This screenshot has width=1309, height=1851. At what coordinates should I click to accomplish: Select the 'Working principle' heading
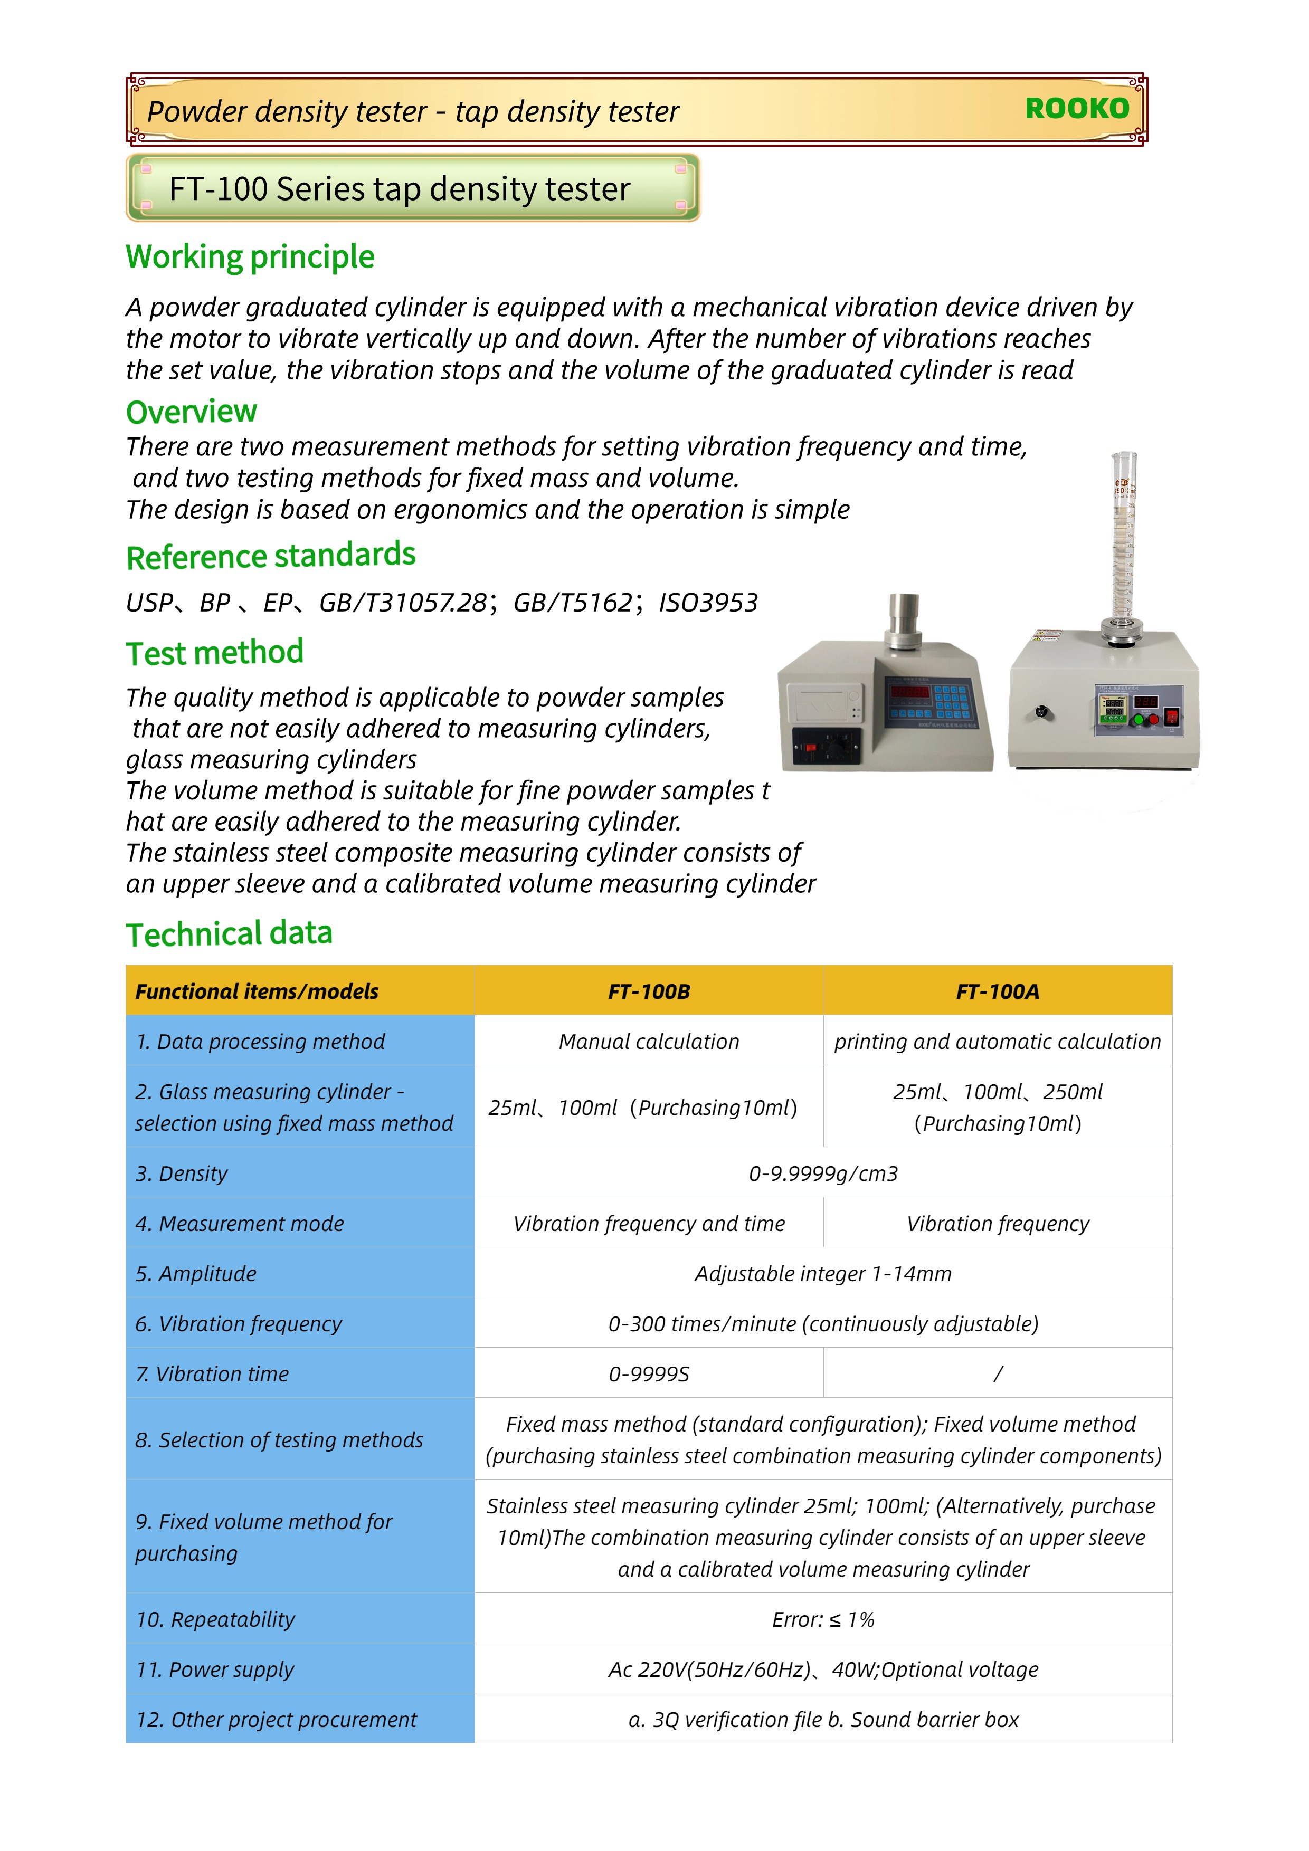[x=250, y=257]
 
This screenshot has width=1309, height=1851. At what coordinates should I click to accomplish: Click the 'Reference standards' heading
[x=271, y=556]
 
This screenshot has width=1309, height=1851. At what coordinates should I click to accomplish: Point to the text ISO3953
[x=708, y=603]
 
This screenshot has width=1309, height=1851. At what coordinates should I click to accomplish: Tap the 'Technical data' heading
[x=229, y=933]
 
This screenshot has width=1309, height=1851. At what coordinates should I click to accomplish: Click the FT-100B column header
[x=649, y=991]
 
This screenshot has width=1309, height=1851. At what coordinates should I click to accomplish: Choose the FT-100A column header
[x=997, y=991]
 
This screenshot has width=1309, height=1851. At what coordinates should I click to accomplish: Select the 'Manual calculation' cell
[x=649, y=1042]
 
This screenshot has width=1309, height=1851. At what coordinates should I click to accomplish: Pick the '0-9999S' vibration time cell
[x=649, y=1373]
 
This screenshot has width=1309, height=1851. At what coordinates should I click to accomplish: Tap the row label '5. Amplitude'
[x=196, y=1274]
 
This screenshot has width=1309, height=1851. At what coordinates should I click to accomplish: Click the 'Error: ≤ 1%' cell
[x=823, y=1620]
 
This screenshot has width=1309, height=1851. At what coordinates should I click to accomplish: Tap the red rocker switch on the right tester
[x=1172, y=716]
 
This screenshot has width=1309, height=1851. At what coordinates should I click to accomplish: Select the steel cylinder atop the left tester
[x=904, y=621]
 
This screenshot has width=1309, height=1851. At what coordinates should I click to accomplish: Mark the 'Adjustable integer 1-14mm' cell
[x=823, y=1274]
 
